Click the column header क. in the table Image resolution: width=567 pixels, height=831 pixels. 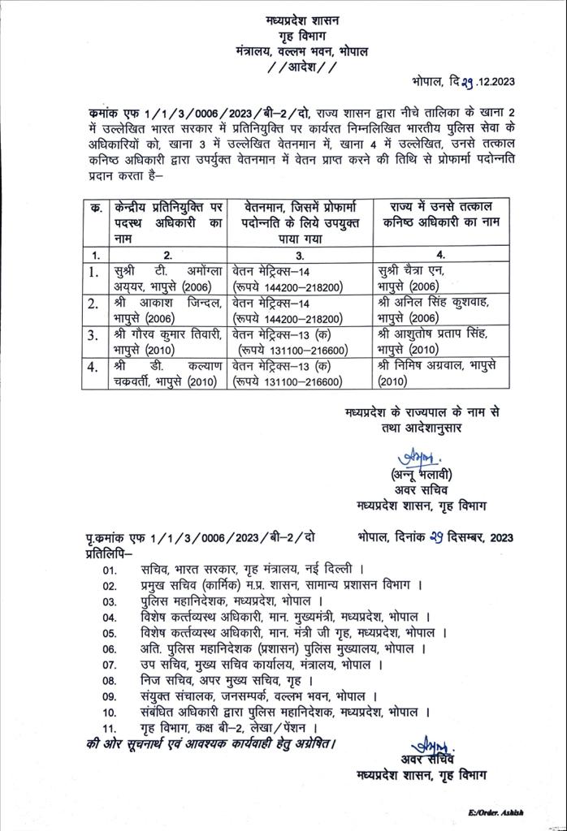pyautogui.click(x=96, y=209)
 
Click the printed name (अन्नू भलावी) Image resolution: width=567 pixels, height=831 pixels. pyautogui.click(x=419, y=475)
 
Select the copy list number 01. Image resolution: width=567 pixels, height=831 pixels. pyautogui.click(x=110, y=570)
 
